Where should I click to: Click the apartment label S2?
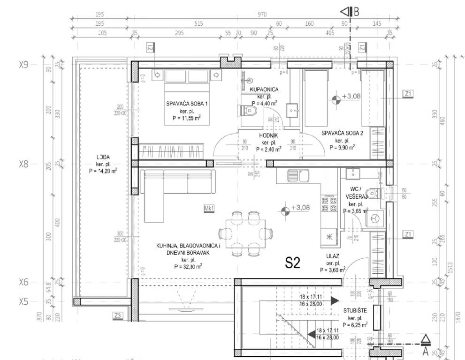292,263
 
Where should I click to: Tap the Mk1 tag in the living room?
209,209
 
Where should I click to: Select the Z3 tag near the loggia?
118,316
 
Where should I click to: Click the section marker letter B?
356,12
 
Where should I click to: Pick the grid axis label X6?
23,282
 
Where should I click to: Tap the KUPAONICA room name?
264,89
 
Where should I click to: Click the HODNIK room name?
269,136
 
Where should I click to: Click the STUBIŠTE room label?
355,310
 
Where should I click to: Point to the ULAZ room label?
333,256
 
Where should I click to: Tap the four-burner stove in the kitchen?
328,203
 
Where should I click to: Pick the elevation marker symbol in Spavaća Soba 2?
335,99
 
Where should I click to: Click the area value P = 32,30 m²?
186,266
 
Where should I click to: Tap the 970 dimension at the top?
262,15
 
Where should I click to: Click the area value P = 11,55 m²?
183,118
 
